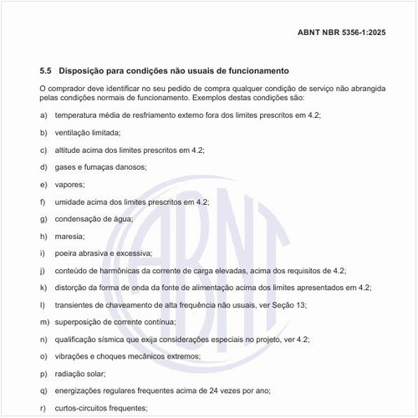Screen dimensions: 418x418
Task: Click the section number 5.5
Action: [x=46, y=71]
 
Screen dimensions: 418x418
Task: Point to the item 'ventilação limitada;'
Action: [x=88, y=132]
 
